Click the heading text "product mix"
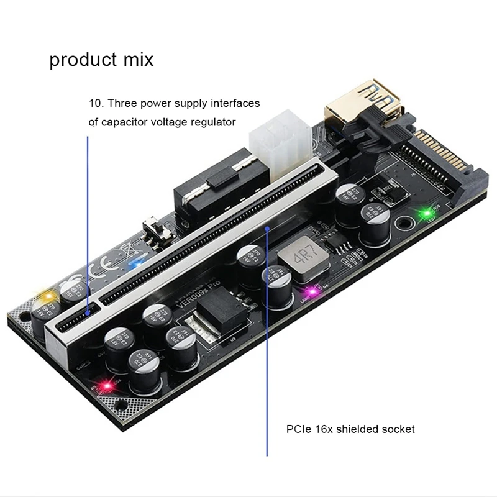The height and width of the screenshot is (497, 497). click(x=101, y=60)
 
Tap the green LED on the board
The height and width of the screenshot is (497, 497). click(x=427, y=214)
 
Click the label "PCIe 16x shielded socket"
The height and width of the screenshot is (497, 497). click(x=350, y=429)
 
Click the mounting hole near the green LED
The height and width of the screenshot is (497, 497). click(x=404, y=221)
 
